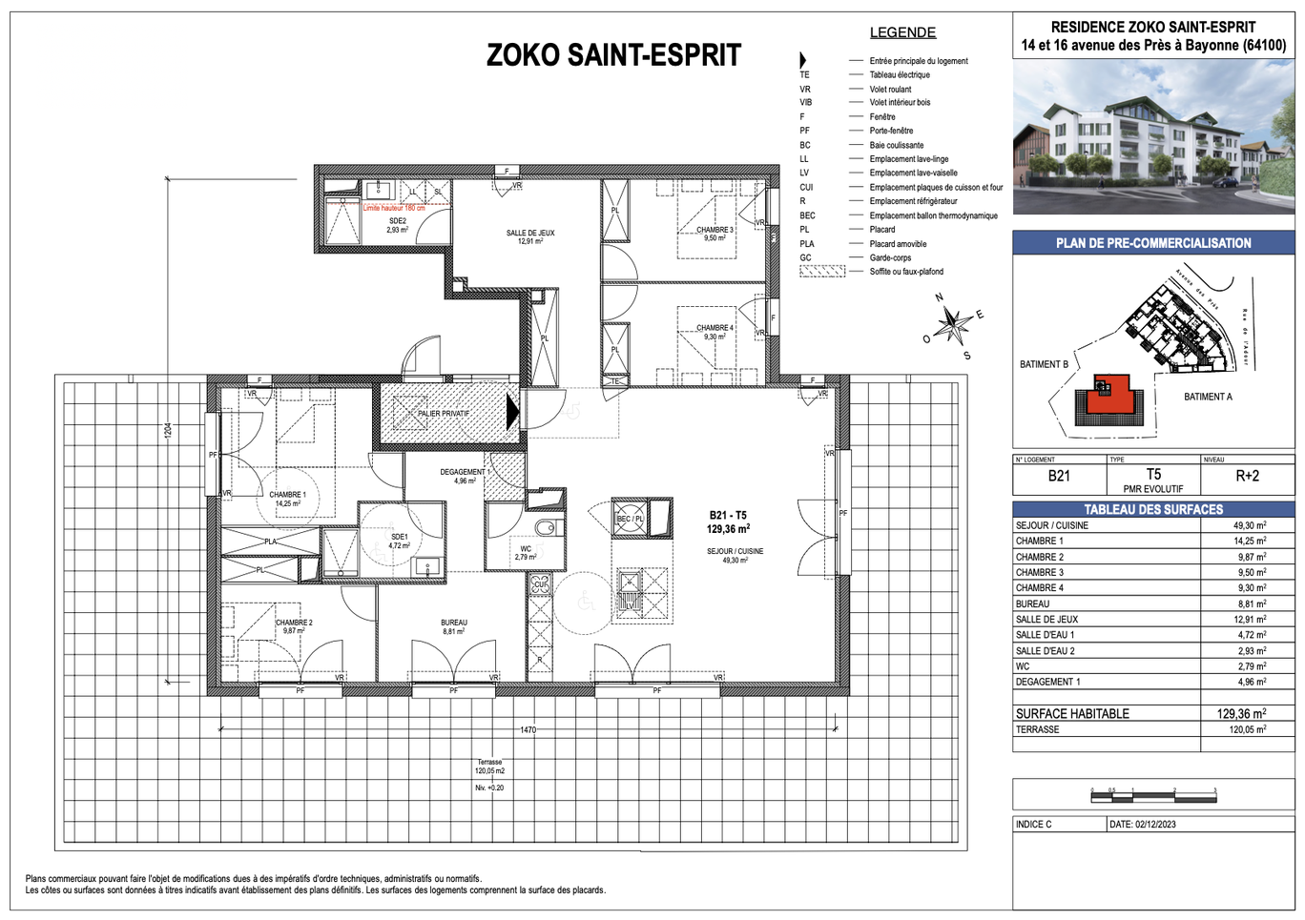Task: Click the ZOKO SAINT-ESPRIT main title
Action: pos(613,55)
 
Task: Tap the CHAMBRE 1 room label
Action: pos(287,499)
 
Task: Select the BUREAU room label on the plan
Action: pos(454,626)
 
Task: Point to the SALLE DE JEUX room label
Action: pos(529,236)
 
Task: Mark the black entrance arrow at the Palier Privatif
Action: pos(512,412)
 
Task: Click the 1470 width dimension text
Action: pos(528,730)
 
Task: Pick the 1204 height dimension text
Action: pos(168,431)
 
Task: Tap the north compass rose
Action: pos(952,325)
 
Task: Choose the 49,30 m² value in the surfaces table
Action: pos(1249,525)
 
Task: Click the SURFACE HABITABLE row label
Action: pos(1072,713)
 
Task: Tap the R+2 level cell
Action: pos(1247,476)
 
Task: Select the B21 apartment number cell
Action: pos(1059,476)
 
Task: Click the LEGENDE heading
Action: pos(902,32)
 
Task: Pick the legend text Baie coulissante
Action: pos(897,145)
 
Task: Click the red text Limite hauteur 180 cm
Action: pos(394,208)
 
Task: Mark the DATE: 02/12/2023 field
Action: pos(1142,824)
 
